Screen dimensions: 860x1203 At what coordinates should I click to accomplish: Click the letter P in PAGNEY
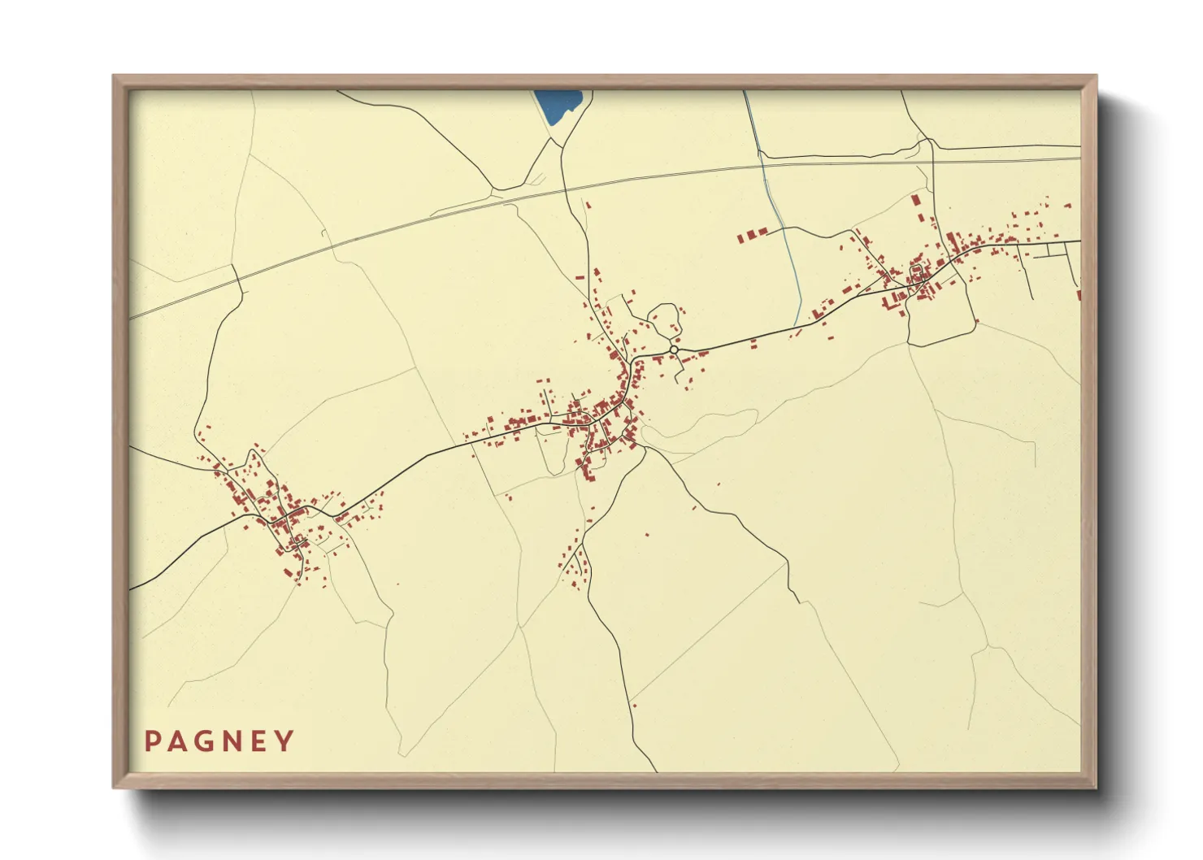coord(152,741)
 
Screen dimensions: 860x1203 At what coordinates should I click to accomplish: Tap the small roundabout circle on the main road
coord(674,350)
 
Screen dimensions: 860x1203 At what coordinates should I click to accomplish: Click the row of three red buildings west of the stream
coord(753,235)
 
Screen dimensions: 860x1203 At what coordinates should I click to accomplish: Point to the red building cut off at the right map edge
coord(1079,294)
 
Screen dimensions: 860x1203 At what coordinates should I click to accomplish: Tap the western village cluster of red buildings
coord(276,512)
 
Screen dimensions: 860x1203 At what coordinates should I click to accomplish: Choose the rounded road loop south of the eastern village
coord(943,329)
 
